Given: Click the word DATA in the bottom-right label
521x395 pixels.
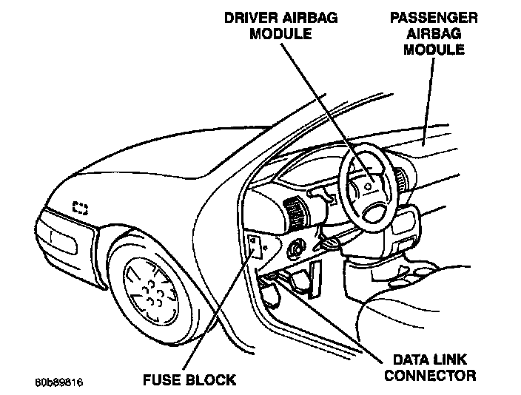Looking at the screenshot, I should tap(407, 359).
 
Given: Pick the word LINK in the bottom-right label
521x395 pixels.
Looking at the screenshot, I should tap(454, 359).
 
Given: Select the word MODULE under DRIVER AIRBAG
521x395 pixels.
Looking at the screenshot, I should tap(280, 35).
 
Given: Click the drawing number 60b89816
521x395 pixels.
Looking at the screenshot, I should tap(58, 382).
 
